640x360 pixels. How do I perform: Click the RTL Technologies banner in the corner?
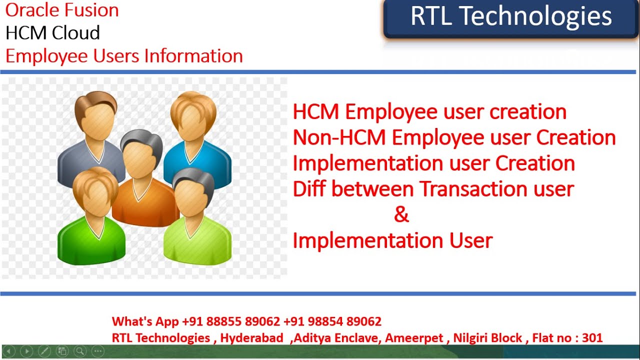coord(511,17)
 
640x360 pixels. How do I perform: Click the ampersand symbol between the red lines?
coord(401,215)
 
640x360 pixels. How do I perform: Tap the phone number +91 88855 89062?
coord(231,321)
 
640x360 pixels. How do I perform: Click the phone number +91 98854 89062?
coord(332,321)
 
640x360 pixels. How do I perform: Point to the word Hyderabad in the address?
coord(251,338)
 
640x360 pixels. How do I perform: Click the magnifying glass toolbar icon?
coord(80,351)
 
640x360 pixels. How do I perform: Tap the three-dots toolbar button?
coord(98,351)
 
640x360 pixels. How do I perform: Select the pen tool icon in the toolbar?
coord(44,351)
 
